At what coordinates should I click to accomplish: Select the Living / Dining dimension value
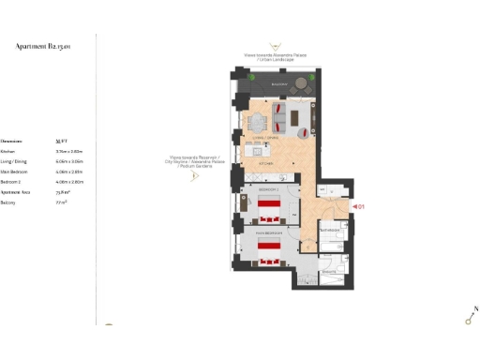click(70, 160)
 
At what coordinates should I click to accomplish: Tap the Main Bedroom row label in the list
click(13, 172)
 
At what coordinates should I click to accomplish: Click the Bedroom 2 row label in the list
click(11, 182)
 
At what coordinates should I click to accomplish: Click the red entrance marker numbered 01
click(357, 205)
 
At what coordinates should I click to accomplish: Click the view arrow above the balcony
click(275, 46)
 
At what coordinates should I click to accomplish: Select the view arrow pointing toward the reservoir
click(193, 174)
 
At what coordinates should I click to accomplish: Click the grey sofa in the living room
click(299, 119)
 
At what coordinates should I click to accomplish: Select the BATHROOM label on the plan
click(330, 228)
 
